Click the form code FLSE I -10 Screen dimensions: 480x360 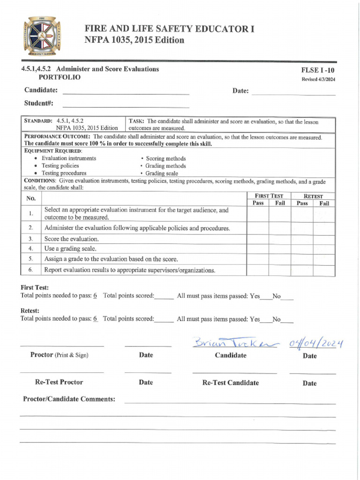point(318,70)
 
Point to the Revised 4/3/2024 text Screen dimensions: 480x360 point(318,79)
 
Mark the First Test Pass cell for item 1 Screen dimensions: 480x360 point(258,214)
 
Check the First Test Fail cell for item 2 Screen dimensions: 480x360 point(280,228)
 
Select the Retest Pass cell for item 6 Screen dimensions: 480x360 point(302,270)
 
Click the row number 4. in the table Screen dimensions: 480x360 point(30,248)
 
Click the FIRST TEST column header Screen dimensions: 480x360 point(269,196)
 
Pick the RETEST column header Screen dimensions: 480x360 point(313,196)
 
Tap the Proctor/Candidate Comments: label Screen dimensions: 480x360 point(69,399)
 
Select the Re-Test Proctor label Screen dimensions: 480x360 point(59,382)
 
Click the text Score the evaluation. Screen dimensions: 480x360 point(71,239)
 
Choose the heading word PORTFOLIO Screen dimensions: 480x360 point(59,77)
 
